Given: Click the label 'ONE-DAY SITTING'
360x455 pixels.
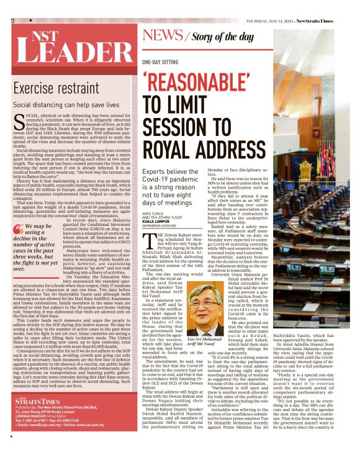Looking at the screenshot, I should (x=160, y=63).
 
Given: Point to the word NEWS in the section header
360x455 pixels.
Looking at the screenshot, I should (x=162, y=35).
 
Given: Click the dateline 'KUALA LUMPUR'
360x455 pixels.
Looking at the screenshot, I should (x=156, y=220).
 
